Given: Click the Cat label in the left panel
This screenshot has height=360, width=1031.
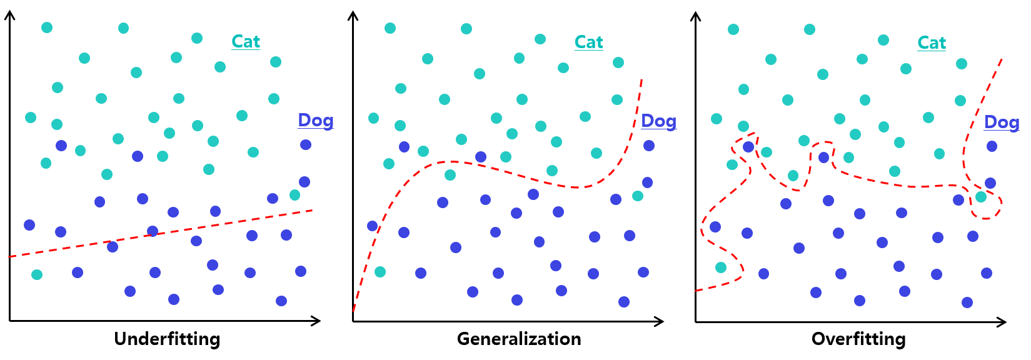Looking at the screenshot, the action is [245, 42].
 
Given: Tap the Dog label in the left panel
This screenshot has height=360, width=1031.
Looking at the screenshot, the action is [315, 120].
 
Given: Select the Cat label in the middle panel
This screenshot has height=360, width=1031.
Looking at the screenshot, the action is [588, 42].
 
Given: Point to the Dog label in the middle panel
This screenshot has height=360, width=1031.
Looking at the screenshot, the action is [658, 121].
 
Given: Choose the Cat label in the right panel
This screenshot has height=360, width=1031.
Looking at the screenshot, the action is [932, 43].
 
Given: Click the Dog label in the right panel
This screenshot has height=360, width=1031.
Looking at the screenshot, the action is [1002, 122].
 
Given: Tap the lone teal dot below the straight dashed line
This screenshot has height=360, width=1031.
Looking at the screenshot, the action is [37, 274].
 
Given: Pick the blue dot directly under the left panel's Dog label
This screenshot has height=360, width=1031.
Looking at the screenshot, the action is [306, 145].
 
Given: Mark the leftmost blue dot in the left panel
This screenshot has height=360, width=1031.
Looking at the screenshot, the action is [29, 225].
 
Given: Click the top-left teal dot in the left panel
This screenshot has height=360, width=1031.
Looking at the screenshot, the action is [47, 27].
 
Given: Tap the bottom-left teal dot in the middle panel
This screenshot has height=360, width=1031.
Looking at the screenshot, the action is [380, 272].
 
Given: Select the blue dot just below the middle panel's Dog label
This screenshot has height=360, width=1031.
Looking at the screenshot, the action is [649, 146].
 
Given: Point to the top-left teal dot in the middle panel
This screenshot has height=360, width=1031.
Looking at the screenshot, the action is [390, 28].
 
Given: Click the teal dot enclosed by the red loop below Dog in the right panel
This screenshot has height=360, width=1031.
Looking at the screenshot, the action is [981, 197].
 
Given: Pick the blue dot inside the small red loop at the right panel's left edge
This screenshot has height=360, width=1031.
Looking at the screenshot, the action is [748, 147].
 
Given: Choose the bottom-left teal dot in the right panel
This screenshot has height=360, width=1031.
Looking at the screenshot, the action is [721, 267].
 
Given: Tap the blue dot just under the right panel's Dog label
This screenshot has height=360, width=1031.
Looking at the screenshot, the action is [992, 146].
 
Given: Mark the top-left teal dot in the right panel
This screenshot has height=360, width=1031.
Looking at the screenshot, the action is [733, 29].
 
